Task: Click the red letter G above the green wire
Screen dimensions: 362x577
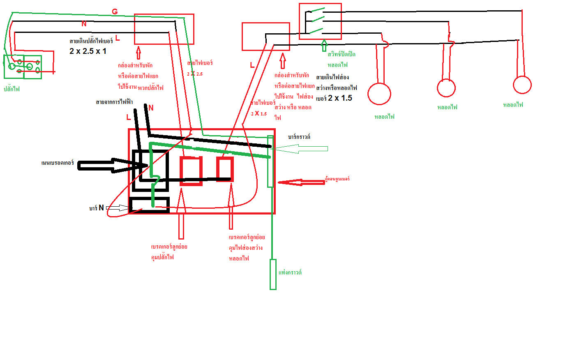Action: pyautogui.click(x=115, y=12)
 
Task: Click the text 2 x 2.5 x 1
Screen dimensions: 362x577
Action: pyautogui.click(x=88, y=51)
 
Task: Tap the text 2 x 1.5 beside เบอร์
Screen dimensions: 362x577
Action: pyautogui.click(x=340, y=98)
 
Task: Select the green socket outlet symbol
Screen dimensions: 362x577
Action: pyautogui.click(x=23, y=67)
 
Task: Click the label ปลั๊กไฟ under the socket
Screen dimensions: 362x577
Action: pyautogui.click(x=12, y=89)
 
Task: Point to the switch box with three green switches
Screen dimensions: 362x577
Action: pyautogui.click(x=320, y=21)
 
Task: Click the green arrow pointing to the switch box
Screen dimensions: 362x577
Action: pyautogui.click(x=324, y=45)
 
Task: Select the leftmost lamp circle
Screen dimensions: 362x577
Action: pyautogui.click(x=379, y=94)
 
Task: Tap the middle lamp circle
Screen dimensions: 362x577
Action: pyautogui.click(x=446, y=88)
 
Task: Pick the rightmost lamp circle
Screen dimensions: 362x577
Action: pyautogui.click(x=522, y=85)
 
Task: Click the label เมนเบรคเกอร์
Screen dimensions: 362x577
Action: pyautogui.click(x=58, y=163)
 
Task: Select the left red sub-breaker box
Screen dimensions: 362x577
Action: pyautogui.click(x=191, y=171)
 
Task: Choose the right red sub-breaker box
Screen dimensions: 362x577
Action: pyautogui.click(x=225, y=169)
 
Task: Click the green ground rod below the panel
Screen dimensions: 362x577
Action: pyautogui.click(x=273, y=274)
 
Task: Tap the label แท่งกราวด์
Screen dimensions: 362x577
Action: pyautogui.click(x=290, y=272)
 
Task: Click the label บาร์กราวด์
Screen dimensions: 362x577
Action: pyautogui.click(x=299, y=137)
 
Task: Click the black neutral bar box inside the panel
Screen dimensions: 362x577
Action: pyautogui.click(x=149, y=205)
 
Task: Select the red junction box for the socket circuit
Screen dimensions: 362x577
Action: pyautogui.click(x=164, y=29)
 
